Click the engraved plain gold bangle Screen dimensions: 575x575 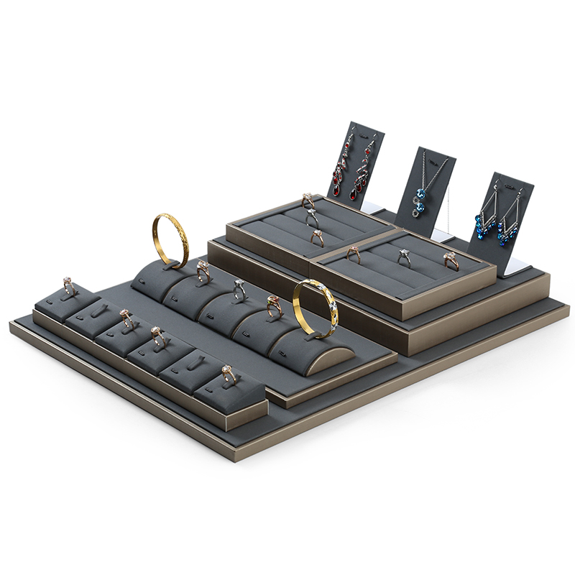(170, 239)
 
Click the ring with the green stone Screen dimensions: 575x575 (274, 305)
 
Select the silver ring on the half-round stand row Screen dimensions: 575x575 (239, 288)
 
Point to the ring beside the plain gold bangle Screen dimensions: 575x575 (203, 270)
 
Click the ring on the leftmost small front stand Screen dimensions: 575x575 (69, 285)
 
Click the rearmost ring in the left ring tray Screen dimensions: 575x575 (308, 200)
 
